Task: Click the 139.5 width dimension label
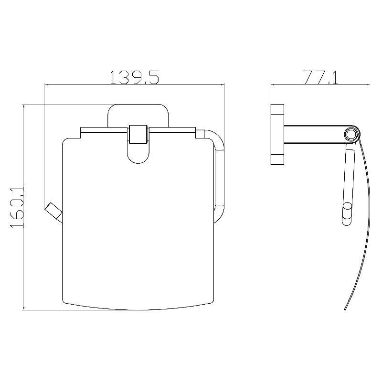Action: point(134,77)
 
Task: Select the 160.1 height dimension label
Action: point(17,207)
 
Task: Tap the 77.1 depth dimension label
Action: point(321,77)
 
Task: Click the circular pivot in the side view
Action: point(351,134)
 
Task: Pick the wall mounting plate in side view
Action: point(277,135)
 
